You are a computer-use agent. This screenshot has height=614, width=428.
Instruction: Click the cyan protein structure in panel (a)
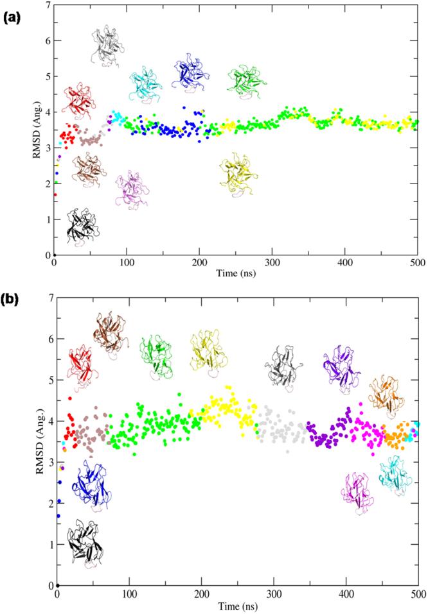coord(145,85)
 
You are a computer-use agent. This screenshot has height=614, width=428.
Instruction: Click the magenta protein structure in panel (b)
coord(358,492)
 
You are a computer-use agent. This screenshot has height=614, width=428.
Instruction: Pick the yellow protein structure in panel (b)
coord(209,350)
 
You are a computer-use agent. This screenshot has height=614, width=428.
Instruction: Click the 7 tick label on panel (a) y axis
coord(48,5)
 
